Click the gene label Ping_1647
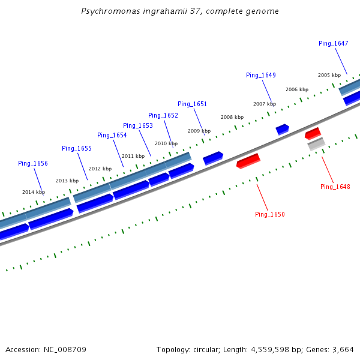coord(333,43)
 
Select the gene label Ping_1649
coord(260,75)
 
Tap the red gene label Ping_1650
coord(269,214)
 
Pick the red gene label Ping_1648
coord(335,187)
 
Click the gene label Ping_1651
coord(192,104)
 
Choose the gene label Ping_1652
coord(163,115)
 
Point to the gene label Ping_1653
coord(138,125)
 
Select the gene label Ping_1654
coord(112,135)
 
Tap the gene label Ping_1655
coord(77,148)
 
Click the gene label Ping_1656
coord(33,163)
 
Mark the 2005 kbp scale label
coord(329,75)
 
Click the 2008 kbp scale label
coord(232,117)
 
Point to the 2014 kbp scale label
coord(34,192)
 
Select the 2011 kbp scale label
coord(133,156)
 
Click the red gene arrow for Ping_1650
coord(248,161)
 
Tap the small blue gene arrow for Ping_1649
coord(282,129)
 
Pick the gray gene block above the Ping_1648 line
coord(316,144)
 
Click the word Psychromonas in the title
coord(110,11)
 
